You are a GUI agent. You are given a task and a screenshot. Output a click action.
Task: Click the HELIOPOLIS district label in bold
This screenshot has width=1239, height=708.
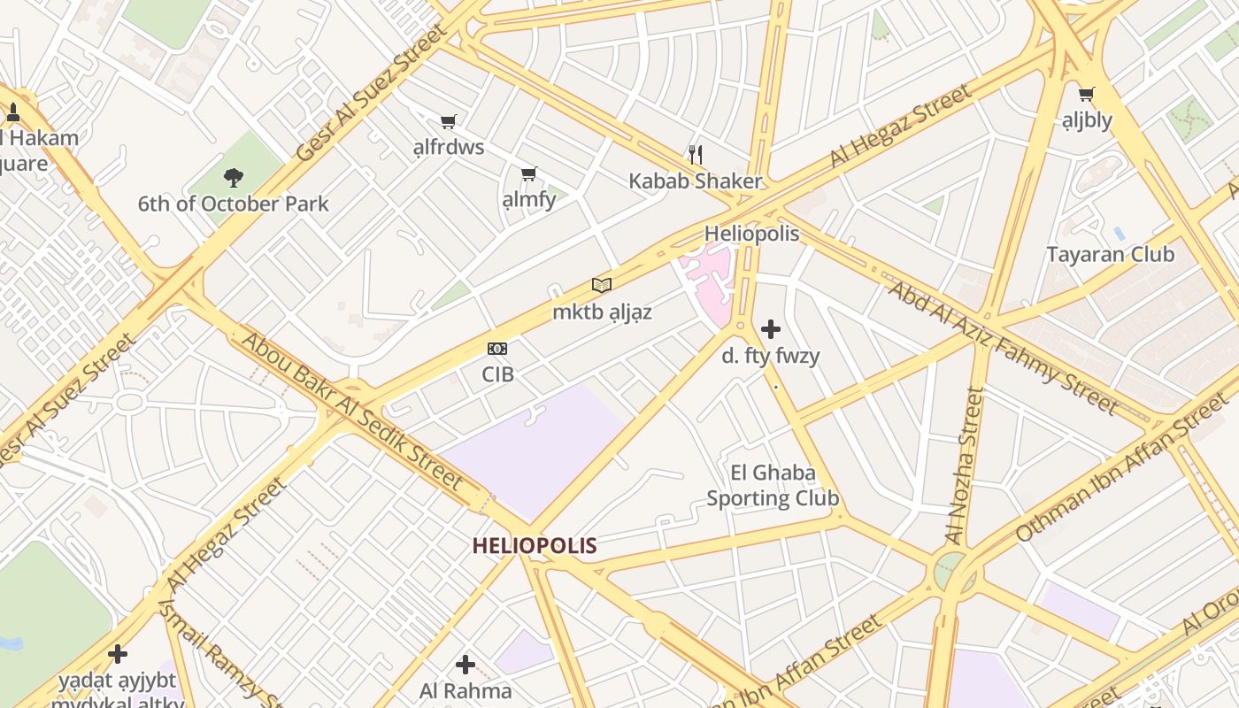click(535, 546)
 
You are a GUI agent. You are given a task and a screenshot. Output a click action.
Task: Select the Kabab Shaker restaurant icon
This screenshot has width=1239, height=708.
click(696, 155)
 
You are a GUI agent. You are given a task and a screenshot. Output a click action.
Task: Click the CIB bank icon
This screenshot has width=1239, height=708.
click(497, 349)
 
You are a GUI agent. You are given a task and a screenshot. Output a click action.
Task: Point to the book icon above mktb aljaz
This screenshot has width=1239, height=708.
click(602, 285)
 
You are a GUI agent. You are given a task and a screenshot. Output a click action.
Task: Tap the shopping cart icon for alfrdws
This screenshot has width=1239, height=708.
click(449, 121)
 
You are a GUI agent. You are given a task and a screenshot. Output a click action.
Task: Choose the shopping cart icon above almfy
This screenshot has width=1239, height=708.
click(529, 174)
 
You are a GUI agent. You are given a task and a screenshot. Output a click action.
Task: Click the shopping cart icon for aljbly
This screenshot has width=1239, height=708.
click(1087, 94)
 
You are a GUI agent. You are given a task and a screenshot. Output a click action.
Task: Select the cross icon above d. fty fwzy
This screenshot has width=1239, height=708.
click(771, 329)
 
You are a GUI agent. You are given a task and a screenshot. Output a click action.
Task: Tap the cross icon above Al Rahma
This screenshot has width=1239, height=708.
click(466, 664)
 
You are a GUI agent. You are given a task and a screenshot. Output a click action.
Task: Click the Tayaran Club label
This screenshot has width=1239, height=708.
click(1110, 255)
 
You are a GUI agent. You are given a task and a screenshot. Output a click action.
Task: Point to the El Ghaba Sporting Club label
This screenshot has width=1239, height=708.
click(773, 485)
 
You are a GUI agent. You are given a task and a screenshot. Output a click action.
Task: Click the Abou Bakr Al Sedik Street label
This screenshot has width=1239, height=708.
click(351, 411)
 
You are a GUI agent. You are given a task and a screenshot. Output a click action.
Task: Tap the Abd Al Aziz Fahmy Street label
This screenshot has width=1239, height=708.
click(1002, 348)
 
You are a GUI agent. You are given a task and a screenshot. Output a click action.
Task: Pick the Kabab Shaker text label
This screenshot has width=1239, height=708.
click(695, 181)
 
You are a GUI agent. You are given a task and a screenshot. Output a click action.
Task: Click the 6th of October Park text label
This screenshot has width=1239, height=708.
click(233, 204)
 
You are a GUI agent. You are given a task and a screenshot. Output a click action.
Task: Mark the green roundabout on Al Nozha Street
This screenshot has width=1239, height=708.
click(951, 570)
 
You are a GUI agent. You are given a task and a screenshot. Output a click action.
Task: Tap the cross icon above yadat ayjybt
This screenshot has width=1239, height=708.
click(117, 654)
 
